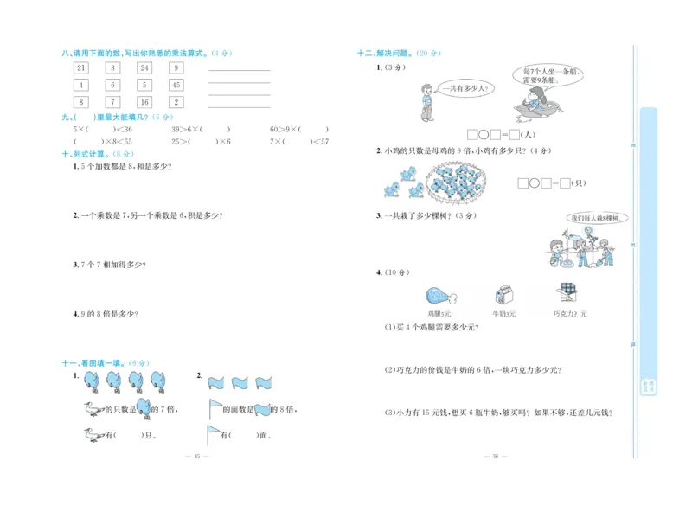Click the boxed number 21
pyautogui.click(x=80, y=67)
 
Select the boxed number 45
pyautogui.click(x=176, y=85)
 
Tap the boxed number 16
pyautogui.click(x=144, y=102)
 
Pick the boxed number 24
pyautogui.click(x=144, y=67)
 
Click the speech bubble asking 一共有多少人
pyautogui.click(x=466, y=88)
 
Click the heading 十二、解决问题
pyautogui.click(x=388, y=54)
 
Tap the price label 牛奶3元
pyautogui.click(x=503, y=314)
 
